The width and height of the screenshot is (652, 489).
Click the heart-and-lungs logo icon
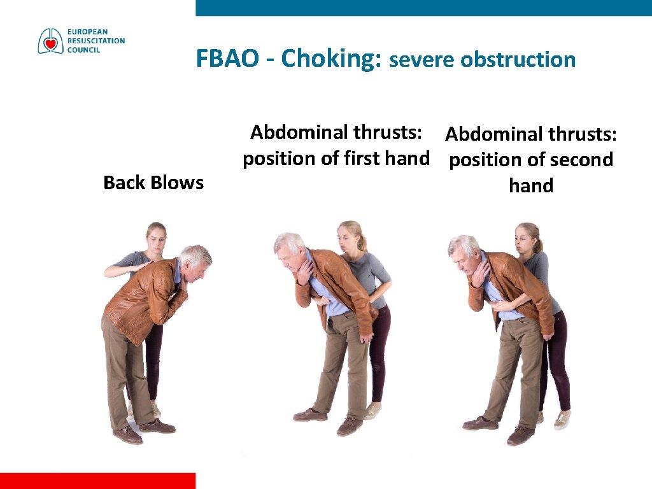51,41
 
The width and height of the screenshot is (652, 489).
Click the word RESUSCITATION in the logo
97,41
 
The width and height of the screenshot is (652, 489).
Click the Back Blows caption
153,183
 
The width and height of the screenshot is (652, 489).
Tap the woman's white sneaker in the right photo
562,420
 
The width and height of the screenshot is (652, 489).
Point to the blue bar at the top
423,8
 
